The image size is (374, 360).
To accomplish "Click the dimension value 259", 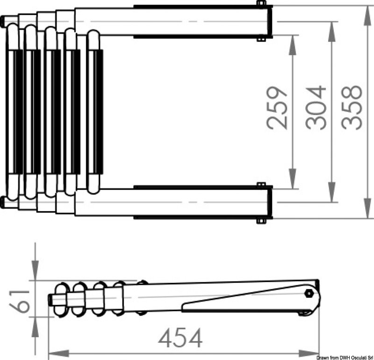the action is [x=277, y=108].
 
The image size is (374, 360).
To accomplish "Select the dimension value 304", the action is [x=316, y=107].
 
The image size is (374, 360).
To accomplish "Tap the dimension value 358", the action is [x=352, y=107].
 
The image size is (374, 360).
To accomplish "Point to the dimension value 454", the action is [x=180, y=338].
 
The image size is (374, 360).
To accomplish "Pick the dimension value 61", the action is [x=19, y=301].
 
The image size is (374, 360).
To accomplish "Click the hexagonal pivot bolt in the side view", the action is [x=309, y=293].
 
